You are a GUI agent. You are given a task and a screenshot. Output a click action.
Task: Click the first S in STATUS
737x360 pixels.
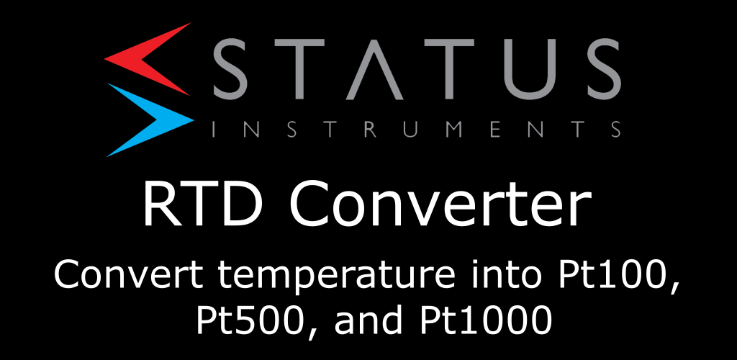coord(236,70)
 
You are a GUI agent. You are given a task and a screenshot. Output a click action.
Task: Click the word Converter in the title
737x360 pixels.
coord(440,205)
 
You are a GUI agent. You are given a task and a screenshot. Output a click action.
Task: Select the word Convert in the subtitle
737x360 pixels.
coord(129,275)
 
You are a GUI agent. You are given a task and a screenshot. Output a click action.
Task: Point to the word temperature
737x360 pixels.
coord(333,278)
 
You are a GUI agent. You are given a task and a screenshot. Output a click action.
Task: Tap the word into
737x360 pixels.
coord(504,275)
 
